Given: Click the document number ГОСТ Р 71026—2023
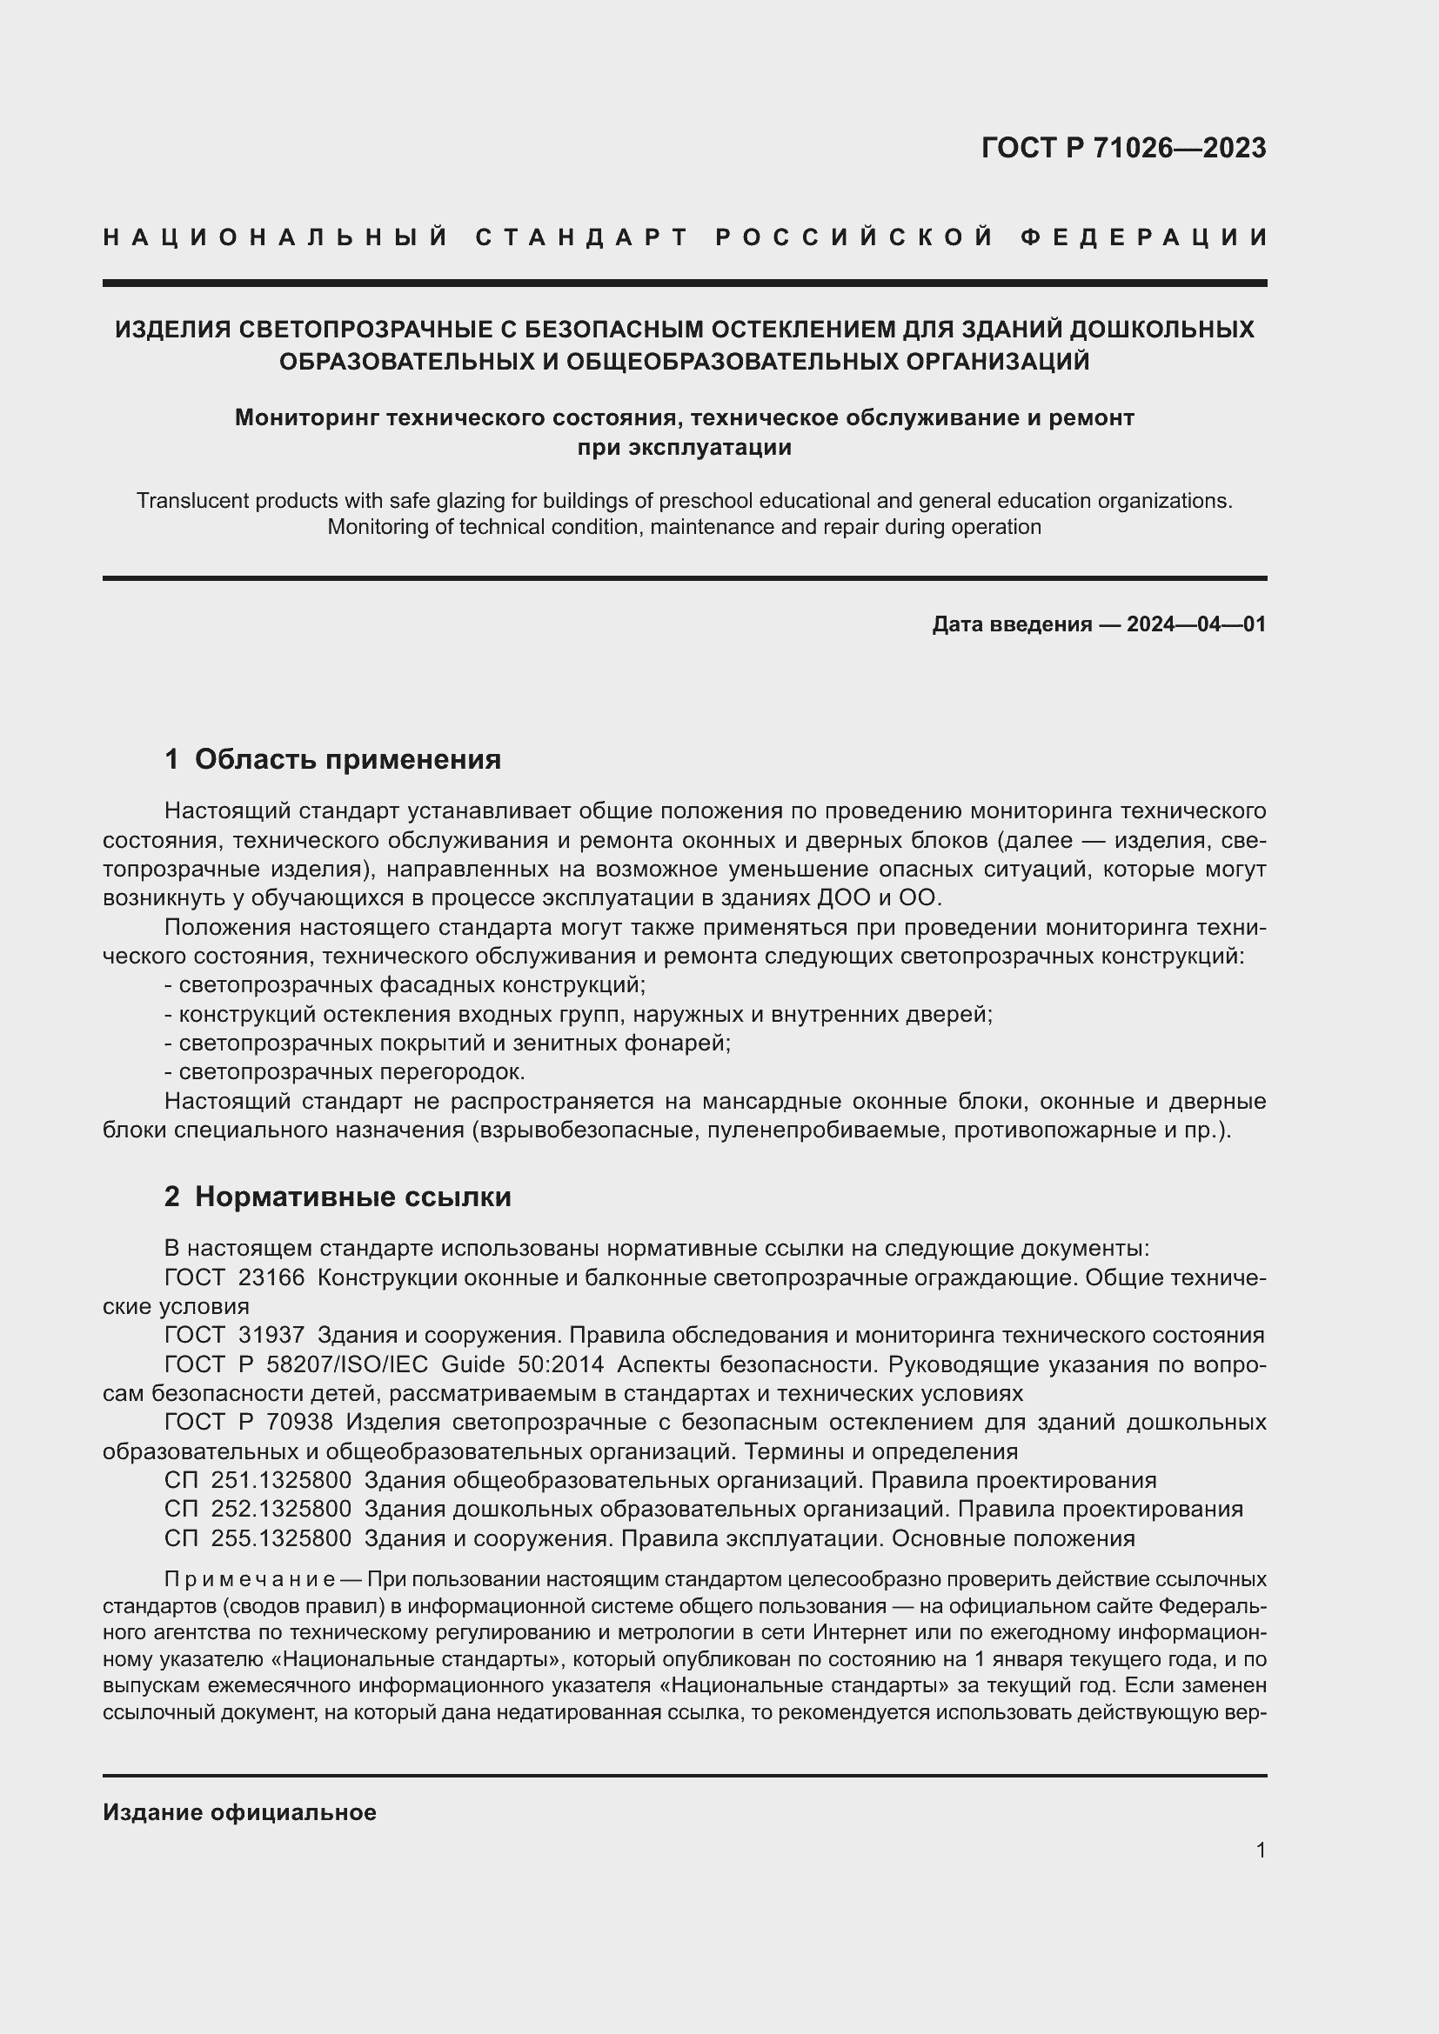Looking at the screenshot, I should pos(1122,148).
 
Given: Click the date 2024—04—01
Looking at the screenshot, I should pos(1195,624).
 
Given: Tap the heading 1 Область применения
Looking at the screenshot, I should pos(332,759).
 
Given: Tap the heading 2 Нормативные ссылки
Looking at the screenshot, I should pos(338,1197).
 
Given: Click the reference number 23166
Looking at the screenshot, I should pos(272,1278).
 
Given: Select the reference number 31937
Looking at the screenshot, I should pos(272,1336).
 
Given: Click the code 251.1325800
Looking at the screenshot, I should pos(281,1480).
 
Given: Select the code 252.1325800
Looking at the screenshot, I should pos(281,1509).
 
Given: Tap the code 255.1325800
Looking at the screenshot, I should pos(281,1538).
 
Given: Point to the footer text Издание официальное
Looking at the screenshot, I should pos(239,1812).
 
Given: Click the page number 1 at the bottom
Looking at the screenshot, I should pos(1260,1851).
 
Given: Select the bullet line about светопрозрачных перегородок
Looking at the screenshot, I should pos(345,1072).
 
